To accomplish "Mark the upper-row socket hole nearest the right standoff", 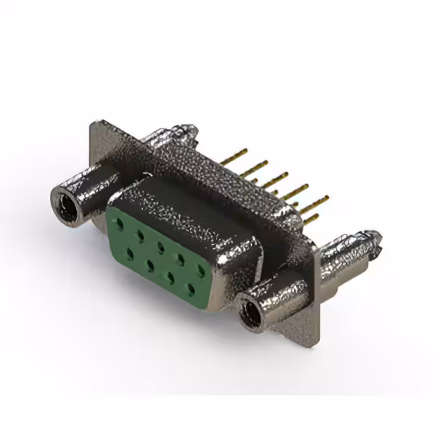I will [201, 269].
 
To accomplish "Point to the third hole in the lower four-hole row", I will [170, 275].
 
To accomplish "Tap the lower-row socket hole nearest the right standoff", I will [190, 287].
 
